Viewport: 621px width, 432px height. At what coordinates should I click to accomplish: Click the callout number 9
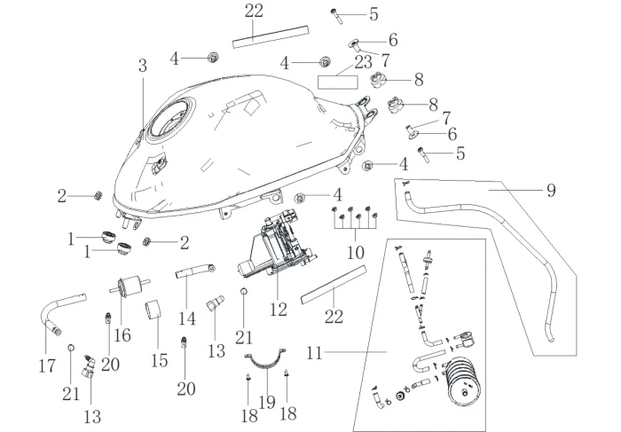(551, 191)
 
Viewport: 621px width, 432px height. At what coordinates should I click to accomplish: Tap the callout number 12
(278, 310)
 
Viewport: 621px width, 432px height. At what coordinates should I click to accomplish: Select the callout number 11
(315, 353)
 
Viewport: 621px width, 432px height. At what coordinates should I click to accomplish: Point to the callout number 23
(363, 62)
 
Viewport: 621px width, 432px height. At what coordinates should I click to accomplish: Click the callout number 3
(143, 66)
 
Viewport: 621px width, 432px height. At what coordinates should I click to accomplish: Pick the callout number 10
(355, 252)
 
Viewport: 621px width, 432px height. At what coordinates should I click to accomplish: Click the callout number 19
(267, 403)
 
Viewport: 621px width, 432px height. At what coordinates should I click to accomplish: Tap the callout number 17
(47, 365)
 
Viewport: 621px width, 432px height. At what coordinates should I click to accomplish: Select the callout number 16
(122, 335)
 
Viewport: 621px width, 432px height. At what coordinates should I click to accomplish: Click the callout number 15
(159, 360)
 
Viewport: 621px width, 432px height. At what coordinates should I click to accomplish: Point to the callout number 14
(187, 318)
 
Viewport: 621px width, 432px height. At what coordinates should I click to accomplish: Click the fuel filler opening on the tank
(170, 118)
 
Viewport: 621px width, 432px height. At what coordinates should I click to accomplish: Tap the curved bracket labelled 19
(264, 365)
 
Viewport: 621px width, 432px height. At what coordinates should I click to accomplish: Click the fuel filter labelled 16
(130, 287)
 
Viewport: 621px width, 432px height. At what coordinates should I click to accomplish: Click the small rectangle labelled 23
(338, 82)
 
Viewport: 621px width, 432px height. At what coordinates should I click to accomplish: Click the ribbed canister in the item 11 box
(462, 381)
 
